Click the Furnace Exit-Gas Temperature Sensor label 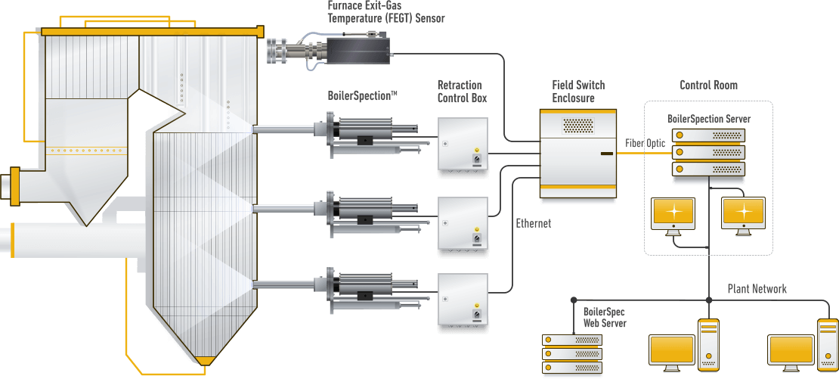click(x=385, y=11)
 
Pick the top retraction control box click(x=463, y=148)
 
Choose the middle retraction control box click(x=463, y=226)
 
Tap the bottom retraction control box click(x=463, y=303)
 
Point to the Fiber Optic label click(x=646, y=143)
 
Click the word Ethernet click(x=533, y=223)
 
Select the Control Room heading click(x=708, y=85)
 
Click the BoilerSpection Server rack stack click(x=708, y=156)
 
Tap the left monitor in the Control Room click(x=673, y=216)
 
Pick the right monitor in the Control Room click(x=743, y=216)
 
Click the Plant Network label click(x=757, y=289)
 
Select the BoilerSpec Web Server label click(x=605, y=317)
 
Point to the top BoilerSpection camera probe click(x=363, y=136)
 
